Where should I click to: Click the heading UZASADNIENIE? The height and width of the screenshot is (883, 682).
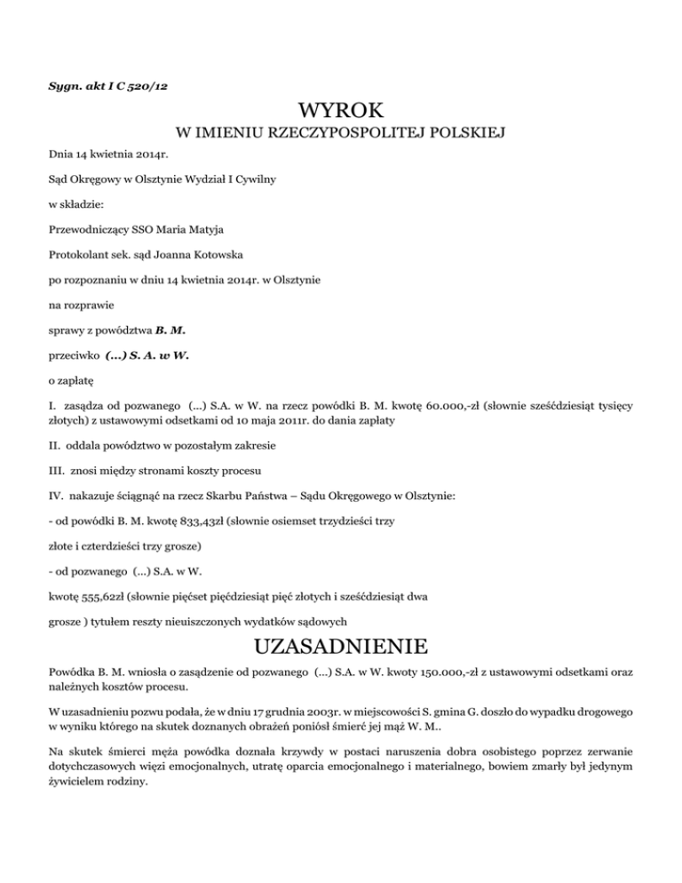point(341,644)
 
